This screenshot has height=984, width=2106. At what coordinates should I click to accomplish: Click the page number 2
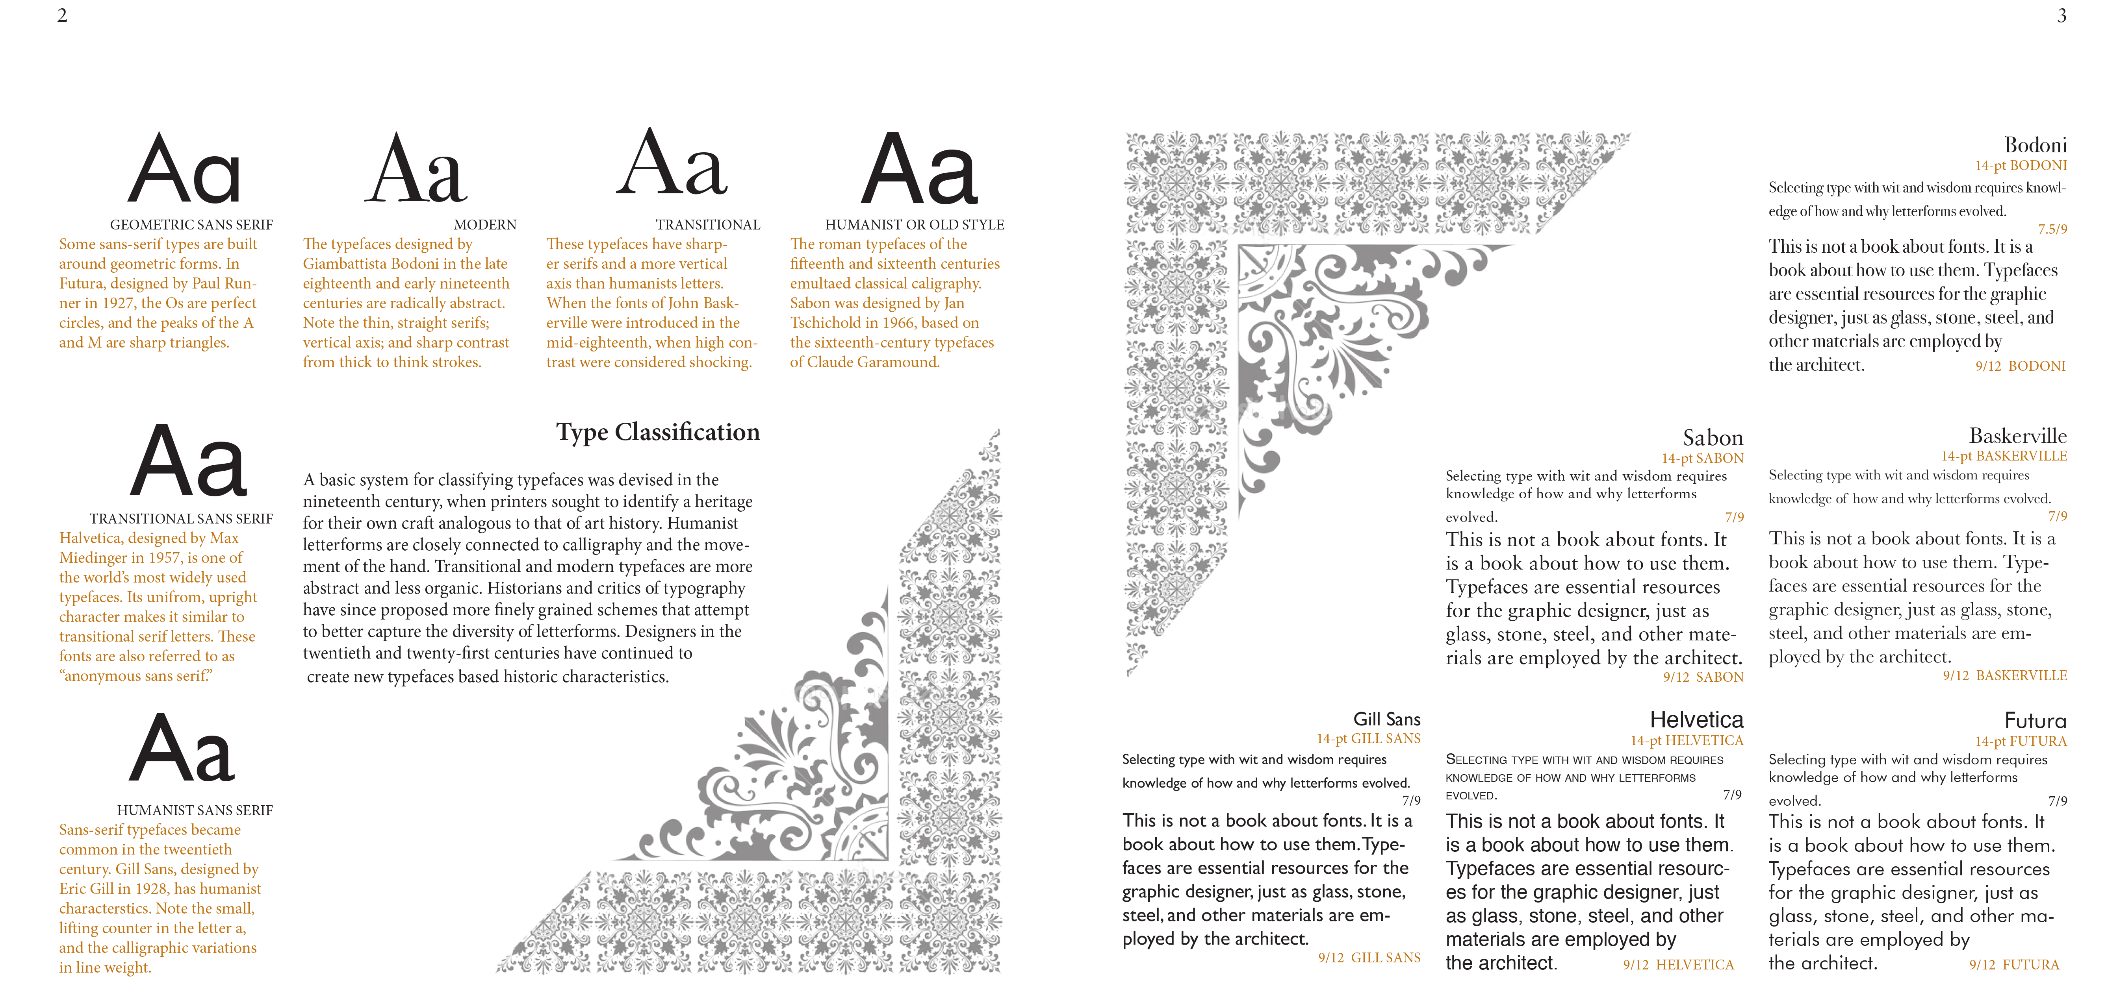pyautogui.click(x=62, y=15)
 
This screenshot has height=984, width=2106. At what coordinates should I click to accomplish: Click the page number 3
pyautogui.click(x=2062, y=15)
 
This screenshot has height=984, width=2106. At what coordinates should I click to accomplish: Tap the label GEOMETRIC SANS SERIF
pyautogui.click(x=191, y=225)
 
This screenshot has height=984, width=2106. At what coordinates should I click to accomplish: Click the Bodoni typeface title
pyautogui.click(x=2035, y=146)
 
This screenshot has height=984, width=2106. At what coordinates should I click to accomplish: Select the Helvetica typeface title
pyautogui.click(x=1696, y=719)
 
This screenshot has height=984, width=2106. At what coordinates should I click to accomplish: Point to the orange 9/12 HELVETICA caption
pyautogui.click(x=1678, y=964)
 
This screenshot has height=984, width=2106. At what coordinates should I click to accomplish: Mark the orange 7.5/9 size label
pyautogui.click(x=2052, y=229)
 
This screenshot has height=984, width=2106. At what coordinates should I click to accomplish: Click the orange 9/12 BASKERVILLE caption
pyautogui.click(x=2005, y=676)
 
